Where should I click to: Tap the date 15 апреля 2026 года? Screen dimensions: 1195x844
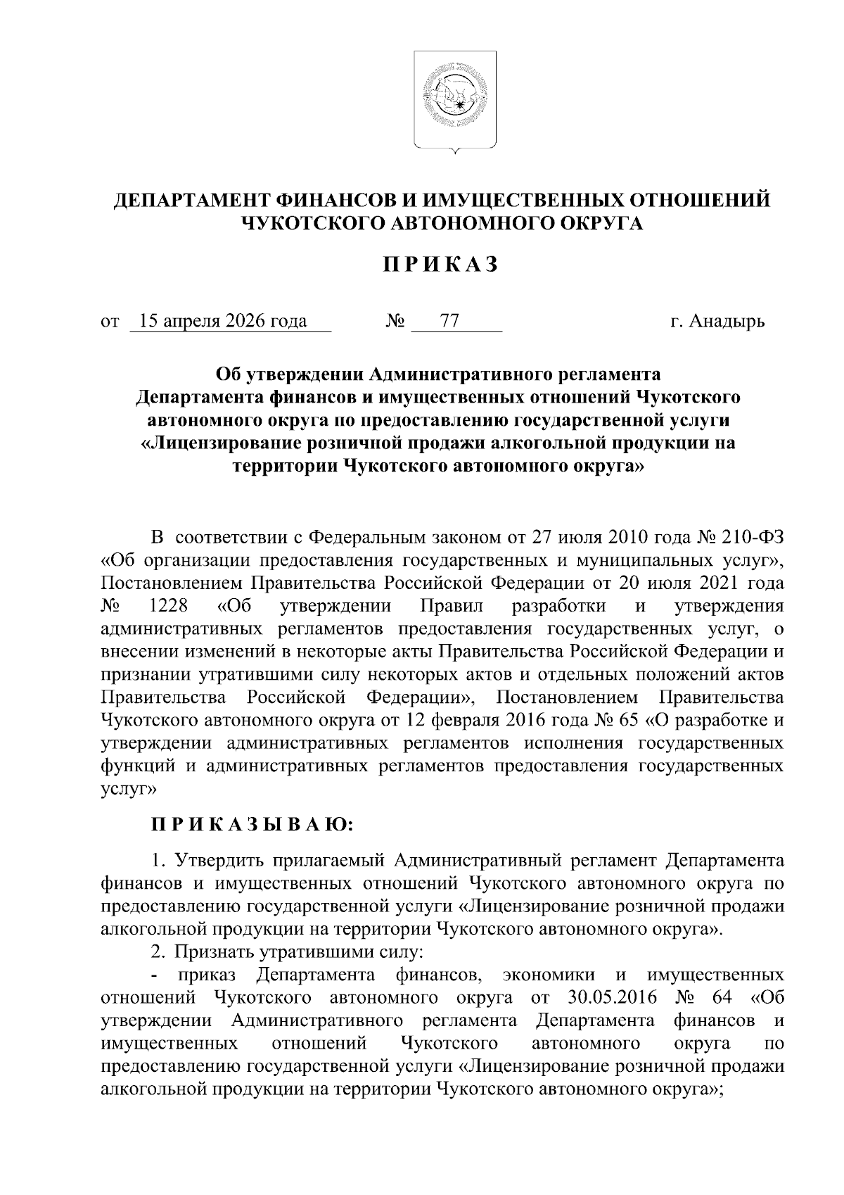(x=223, y=322)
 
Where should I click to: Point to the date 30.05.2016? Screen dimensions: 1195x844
(x=611, y=997)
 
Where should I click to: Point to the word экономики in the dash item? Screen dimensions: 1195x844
(x=549, y=975)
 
